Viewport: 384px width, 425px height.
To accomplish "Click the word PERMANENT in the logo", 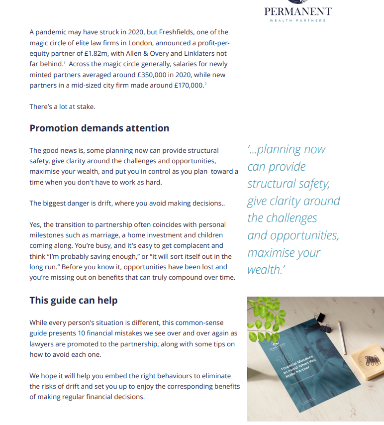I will coord(298,11).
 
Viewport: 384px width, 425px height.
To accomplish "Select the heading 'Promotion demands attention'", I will coord(99,128).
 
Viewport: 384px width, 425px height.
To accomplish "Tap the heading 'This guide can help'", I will coord(73,300).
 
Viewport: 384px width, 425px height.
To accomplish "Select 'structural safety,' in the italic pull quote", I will coord(288,184).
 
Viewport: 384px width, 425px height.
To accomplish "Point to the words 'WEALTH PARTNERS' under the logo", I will coord(298,21).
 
